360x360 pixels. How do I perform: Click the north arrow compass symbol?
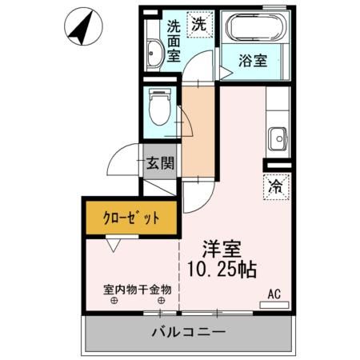tap(83, 26)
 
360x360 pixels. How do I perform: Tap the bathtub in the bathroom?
tap(255, 27)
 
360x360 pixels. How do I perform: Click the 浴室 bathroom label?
tap(253, 61)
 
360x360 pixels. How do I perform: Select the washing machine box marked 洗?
tap(200, 25)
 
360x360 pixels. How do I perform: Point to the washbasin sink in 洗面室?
tap(154, 53)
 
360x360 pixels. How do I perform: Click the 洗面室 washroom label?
tap(174, 41)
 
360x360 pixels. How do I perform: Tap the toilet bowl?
tap(160, 107)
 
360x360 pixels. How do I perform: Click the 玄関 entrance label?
tap(160, 163)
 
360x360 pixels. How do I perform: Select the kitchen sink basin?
tap(278, 138)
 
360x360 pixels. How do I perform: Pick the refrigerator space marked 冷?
tap(276, 187)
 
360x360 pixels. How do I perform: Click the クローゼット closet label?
tap(131, 218)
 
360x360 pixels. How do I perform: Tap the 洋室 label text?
tap(222, 249)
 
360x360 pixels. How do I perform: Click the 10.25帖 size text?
tap(222, 270)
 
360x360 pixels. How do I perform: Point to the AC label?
tap(274, 294)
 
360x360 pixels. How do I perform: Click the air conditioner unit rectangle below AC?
tap(274, 305)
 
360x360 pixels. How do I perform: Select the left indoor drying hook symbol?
tap(114, 301)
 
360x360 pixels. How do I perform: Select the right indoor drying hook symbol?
tap(161, 301)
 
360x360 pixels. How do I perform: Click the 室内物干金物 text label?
tap(138, 290)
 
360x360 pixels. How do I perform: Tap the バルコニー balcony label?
tap(189, 332)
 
